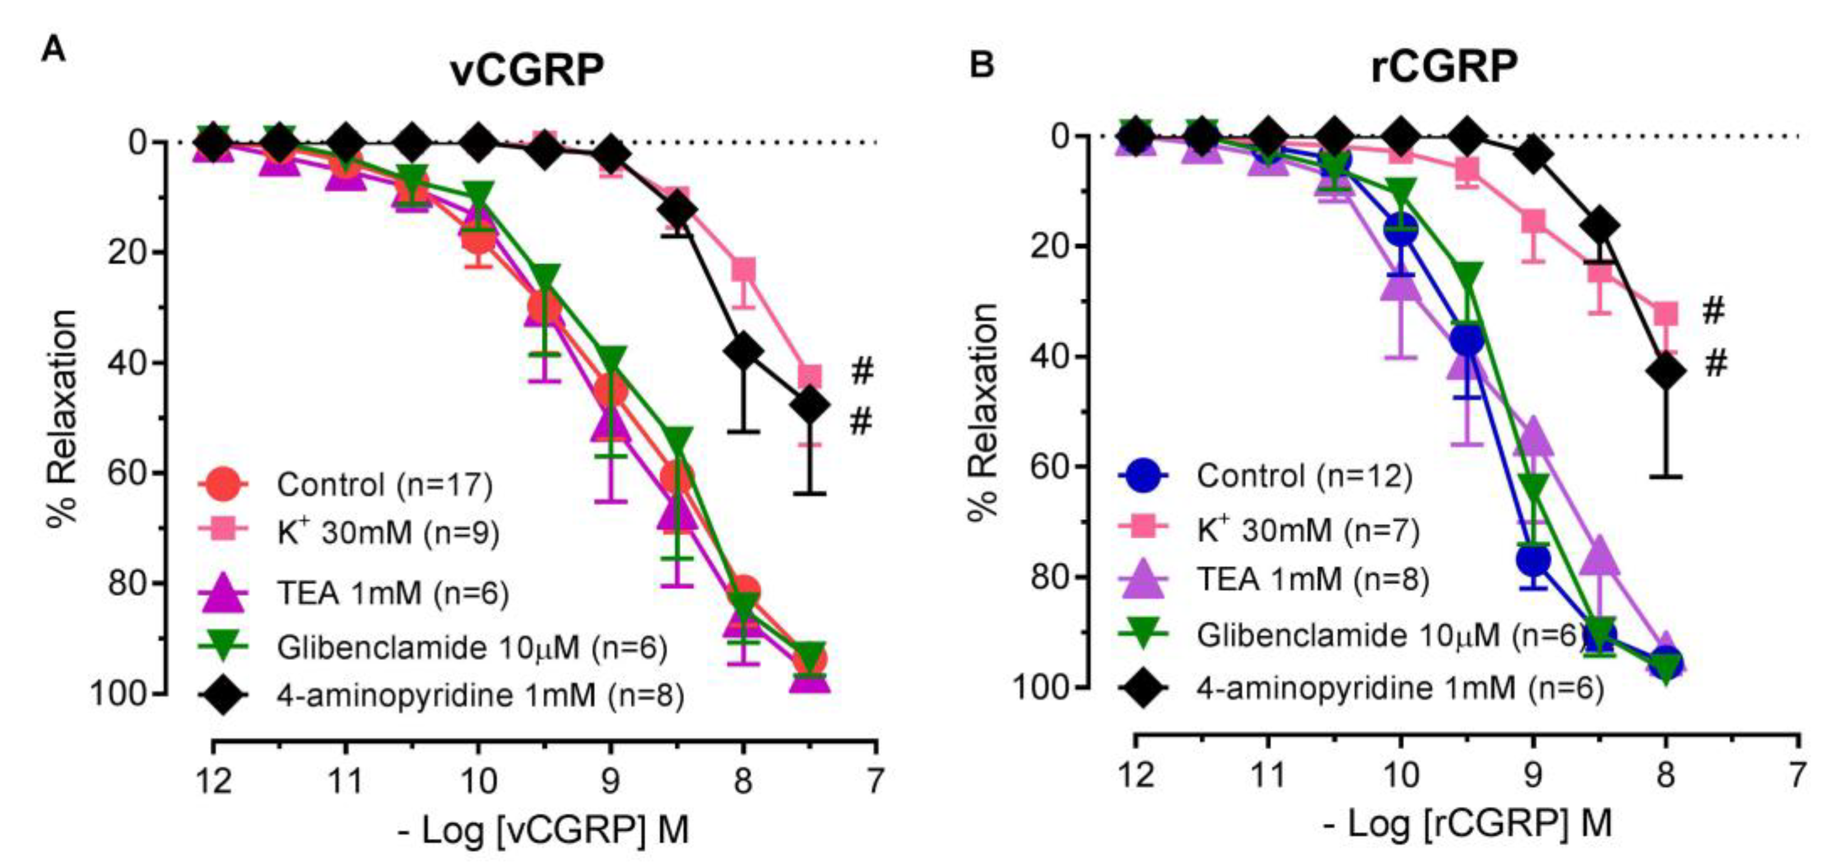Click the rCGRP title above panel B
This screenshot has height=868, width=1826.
point(1444,67)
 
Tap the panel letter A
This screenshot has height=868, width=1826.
point(53,51)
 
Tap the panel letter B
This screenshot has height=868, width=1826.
point(981,65)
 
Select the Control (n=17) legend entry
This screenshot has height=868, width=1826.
point(383,484)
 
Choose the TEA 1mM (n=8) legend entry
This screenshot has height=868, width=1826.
point(1312,580)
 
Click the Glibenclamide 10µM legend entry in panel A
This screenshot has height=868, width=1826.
point(471,647)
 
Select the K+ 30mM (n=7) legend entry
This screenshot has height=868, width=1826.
point(1308,529)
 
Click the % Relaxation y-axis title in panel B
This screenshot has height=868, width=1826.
point(984,411)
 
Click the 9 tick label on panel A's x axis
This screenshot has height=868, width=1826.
point(610,781)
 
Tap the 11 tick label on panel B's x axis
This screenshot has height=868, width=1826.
point(1267,774)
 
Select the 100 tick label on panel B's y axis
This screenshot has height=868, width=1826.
point(1040,687)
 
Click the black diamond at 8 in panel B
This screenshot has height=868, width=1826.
point(1666,371)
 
